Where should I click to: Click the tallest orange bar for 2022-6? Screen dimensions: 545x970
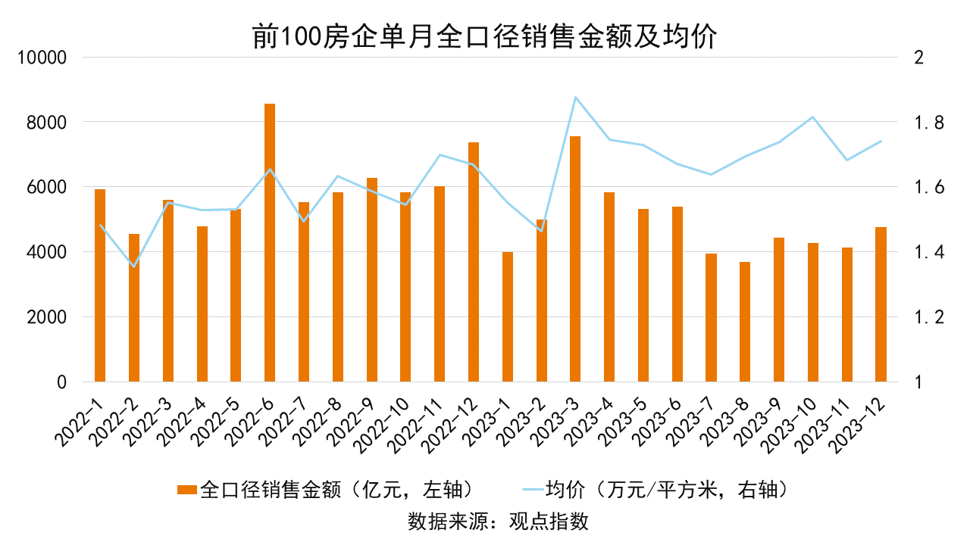coord(270,242)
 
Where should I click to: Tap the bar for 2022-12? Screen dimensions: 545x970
coord(474,262)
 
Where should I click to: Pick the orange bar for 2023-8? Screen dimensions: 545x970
coord(745,322)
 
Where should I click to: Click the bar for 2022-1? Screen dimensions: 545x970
coord(100,285)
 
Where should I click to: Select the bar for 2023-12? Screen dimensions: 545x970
coord(881,304)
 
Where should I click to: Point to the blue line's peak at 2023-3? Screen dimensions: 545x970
coord(575,98)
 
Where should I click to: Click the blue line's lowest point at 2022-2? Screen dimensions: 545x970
coord(134,266)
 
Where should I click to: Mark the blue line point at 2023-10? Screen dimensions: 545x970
coord(813,117)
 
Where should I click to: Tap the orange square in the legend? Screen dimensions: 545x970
coord(186,490)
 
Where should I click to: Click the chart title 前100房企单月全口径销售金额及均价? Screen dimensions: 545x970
coord(484,36)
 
